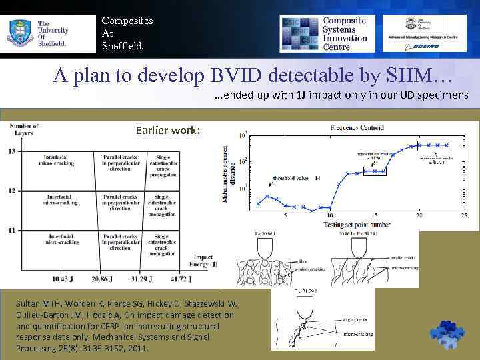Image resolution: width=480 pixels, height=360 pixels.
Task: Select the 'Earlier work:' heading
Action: point(167,130)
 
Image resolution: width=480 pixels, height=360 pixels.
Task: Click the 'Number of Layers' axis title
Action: point(26,129)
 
